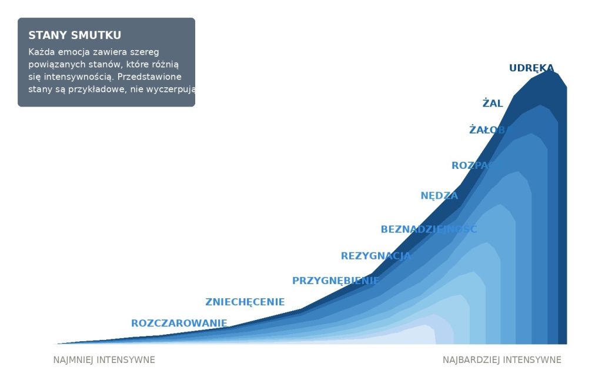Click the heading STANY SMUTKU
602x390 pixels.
point(75,35)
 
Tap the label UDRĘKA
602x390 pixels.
point(531,68)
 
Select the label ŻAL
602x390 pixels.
point(493,104)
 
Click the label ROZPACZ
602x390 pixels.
point(475,166)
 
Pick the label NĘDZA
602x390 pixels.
point(439,196)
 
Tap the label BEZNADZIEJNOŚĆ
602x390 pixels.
point(429,229)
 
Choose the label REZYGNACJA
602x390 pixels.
point(376,256)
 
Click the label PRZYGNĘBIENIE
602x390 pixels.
point(336,281)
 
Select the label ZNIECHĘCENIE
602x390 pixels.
point(245,302)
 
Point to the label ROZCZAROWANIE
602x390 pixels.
point(179,324)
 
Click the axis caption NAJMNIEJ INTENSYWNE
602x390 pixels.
point(104,360)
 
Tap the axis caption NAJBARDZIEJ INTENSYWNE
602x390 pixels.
point(501,360)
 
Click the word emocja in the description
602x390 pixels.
point(73,52)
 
